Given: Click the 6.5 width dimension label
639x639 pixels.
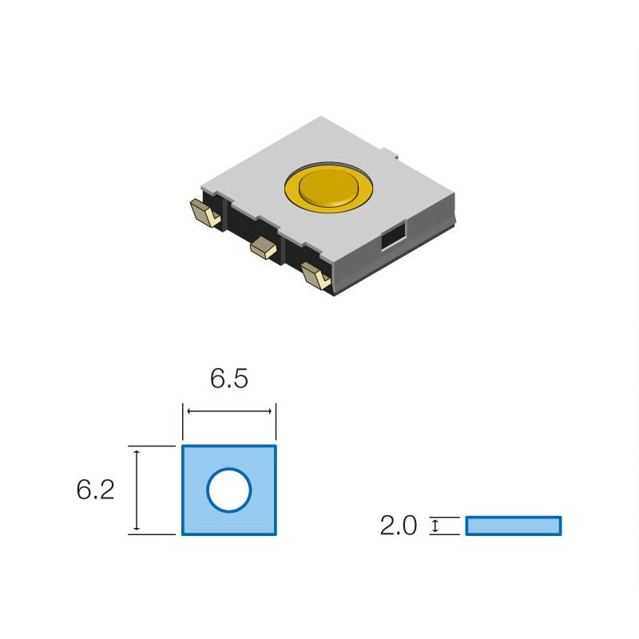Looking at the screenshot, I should (228, 379).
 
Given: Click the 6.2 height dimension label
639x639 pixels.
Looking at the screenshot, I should (95, 490).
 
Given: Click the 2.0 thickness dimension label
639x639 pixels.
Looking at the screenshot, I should (399, 526).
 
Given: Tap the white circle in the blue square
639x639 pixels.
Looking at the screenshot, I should (229, 490).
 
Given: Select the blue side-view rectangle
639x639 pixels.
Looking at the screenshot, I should (513, 526).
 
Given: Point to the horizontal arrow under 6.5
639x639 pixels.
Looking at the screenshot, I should (229, 411).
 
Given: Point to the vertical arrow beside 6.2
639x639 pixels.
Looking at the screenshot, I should (137, 490).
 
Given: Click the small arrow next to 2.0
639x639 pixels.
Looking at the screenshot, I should (435, 526).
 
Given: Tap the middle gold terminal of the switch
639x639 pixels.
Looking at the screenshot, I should (263, 248).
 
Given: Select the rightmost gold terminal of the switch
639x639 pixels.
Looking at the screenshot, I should (316, 276).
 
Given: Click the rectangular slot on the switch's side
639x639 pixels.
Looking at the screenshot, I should (392, 237).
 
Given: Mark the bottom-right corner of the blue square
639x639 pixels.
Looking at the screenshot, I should (276, 534).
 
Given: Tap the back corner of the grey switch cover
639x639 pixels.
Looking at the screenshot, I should (319, 117).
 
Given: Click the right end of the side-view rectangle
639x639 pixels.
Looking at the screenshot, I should (559, 526).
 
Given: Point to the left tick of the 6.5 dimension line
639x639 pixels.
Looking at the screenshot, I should (184, 411).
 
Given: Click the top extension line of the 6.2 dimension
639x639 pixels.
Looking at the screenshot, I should (152, 446).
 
